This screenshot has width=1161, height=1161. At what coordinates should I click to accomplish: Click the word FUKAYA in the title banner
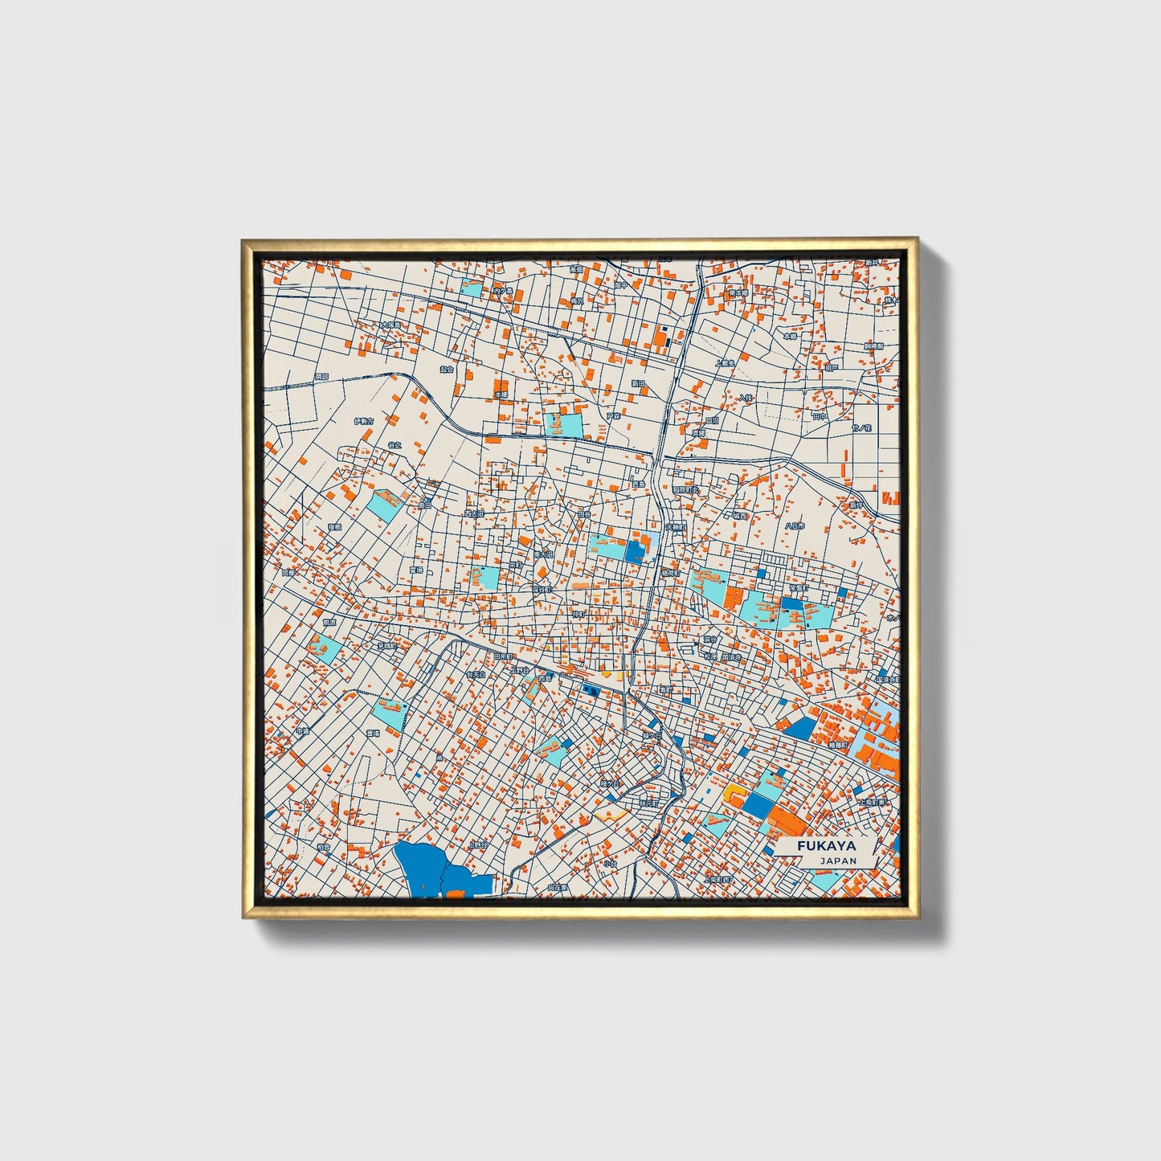tap(827, 846)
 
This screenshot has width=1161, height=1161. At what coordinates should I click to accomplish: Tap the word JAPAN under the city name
tap(838, 861)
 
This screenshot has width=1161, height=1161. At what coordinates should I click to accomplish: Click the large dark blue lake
tap(431, 868)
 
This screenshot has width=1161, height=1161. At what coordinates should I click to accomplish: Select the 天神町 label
tap(676, 528)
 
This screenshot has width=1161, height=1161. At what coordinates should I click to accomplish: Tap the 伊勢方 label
tap(363, 420)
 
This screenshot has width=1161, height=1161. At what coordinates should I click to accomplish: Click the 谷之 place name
tap(394, 444)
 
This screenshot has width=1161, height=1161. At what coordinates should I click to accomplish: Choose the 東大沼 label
tap(544, 554)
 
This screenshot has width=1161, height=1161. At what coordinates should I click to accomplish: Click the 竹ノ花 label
tap(861, 429)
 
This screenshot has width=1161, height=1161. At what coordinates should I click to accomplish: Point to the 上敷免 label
tap(726, 363)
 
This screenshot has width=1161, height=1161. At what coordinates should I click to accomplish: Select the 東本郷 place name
tap(738, 293)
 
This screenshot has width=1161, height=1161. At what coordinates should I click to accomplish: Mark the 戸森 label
tap(614, 416)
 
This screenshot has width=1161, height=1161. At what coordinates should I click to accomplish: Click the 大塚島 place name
tap(390, 325)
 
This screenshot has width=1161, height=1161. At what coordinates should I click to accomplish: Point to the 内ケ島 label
tap(504, 291)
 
